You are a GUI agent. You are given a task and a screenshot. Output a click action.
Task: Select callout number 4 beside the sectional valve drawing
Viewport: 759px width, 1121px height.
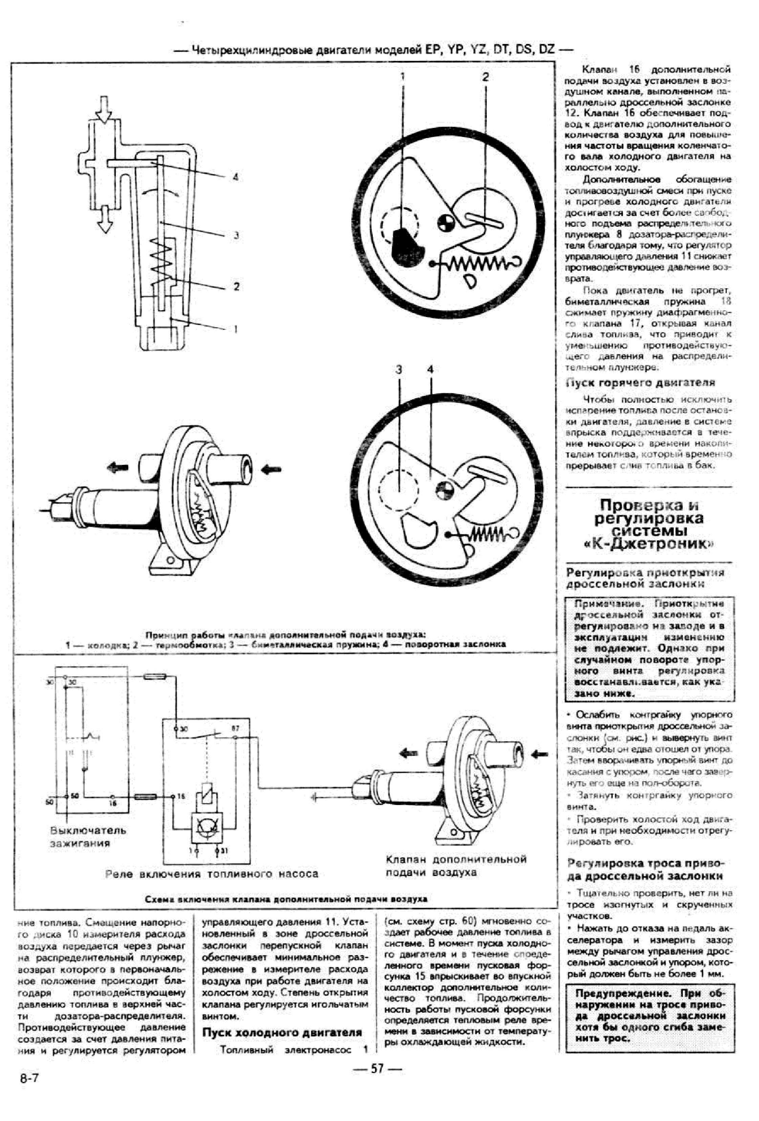pos(236,177)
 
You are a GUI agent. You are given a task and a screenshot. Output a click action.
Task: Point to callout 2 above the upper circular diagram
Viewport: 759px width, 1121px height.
pos(485,77)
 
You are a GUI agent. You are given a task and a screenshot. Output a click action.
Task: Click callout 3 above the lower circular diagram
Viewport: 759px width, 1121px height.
pos(398,369)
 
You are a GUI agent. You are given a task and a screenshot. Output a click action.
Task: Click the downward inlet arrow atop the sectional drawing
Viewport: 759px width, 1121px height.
pos(103,110)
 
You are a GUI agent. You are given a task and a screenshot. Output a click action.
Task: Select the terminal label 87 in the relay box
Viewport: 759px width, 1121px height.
pos(235,728)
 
